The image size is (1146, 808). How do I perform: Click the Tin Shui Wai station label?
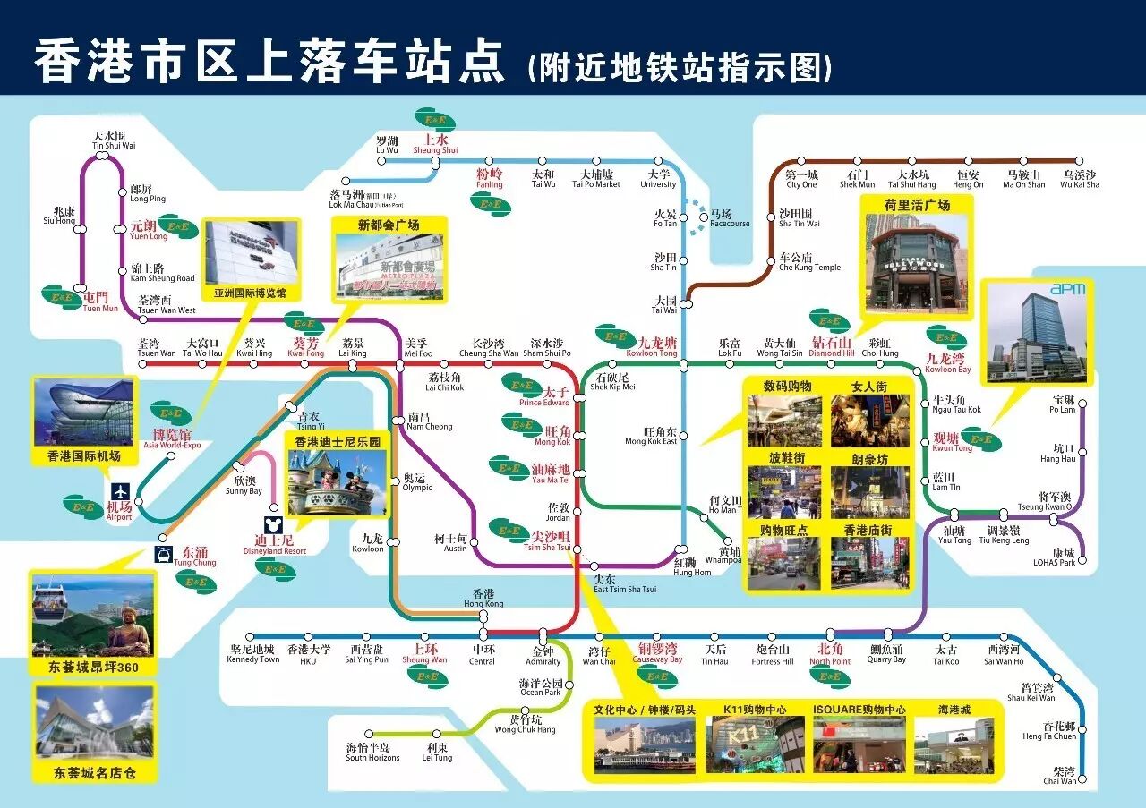pos(115,141)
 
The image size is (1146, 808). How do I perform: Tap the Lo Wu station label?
pos(387,145)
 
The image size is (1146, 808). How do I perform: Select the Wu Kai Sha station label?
pos(1079,179)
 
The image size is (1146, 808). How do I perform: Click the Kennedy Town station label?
pos(254,654)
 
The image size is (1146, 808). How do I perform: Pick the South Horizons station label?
pos(372,753)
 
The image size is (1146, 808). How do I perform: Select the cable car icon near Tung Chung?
pos(164,555)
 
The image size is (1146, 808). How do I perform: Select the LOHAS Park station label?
pos(1053,557)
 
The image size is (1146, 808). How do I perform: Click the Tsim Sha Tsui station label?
pos(551,540)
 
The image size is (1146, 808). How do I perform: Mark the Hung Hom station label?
pos(692,566)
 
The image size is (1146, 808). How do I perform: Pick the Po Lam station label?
pos(1063,404)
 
